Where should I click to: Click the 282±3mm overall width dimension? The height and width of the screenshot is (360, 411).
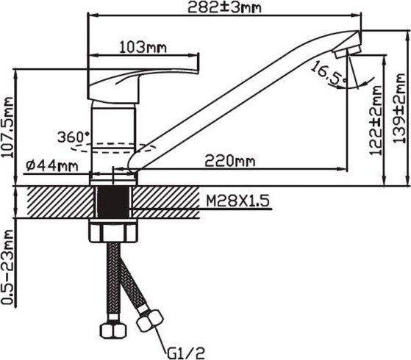(x=225, y=7)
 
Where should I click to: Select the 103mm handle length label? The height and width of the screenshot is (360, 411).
(x=143, y=48)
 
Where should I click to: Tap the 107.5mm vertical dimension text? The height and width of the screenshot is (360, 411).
(x=7, y=127)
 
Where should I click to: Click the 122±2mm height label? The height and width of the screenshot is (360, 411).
(x=376, y=120)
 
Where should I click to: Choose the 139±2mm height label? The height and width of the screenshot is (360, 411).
(x=399, y=109)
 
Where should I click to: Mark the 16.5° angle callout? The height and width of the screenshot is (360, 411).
(x=329, y=73)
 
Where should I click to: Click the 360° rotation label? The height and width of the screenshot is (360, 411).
(x=73, y=137)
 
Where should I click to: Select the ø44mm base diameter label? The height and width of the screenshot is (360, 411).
(x=52, y=166)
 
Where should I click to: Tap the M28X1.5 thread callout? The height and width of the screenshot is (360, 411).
(x=237, y=201)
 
